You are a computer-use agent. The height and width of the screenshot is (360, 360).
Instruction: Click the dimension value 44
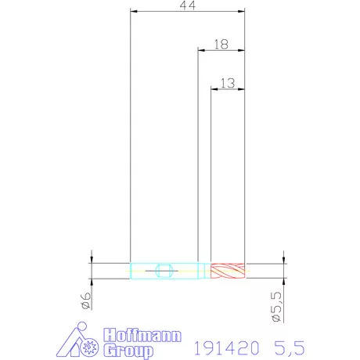tap(188, 5)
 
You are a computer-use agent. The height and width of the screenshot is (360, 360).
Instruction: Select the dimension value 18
tap(221, 45)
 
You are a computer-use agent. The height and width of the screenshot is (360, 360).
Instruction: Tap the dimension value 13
tap(228, 83)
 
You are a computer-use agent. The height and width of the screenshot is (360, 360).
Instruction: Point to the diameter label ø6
tap(86, 301)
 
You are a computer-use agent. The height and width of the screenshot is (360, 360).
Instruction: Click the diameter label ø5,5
tap(276, 307)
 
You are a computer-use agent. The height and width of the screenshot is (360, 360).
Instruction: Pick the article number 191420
tap(227, 347)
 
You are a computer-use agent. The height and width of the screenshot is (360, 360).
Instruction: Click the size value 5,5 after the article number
tap(290, 348)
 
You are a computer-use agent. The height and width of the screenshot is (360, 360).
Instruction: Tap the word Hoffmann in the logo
tap(142, 335)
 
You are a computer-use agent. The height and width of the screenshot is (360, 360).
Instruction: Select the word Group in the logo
tap(128, 351)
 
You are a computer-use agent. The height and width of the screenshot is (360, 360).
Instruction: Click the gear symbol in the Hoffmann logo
tap(89, 347)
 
